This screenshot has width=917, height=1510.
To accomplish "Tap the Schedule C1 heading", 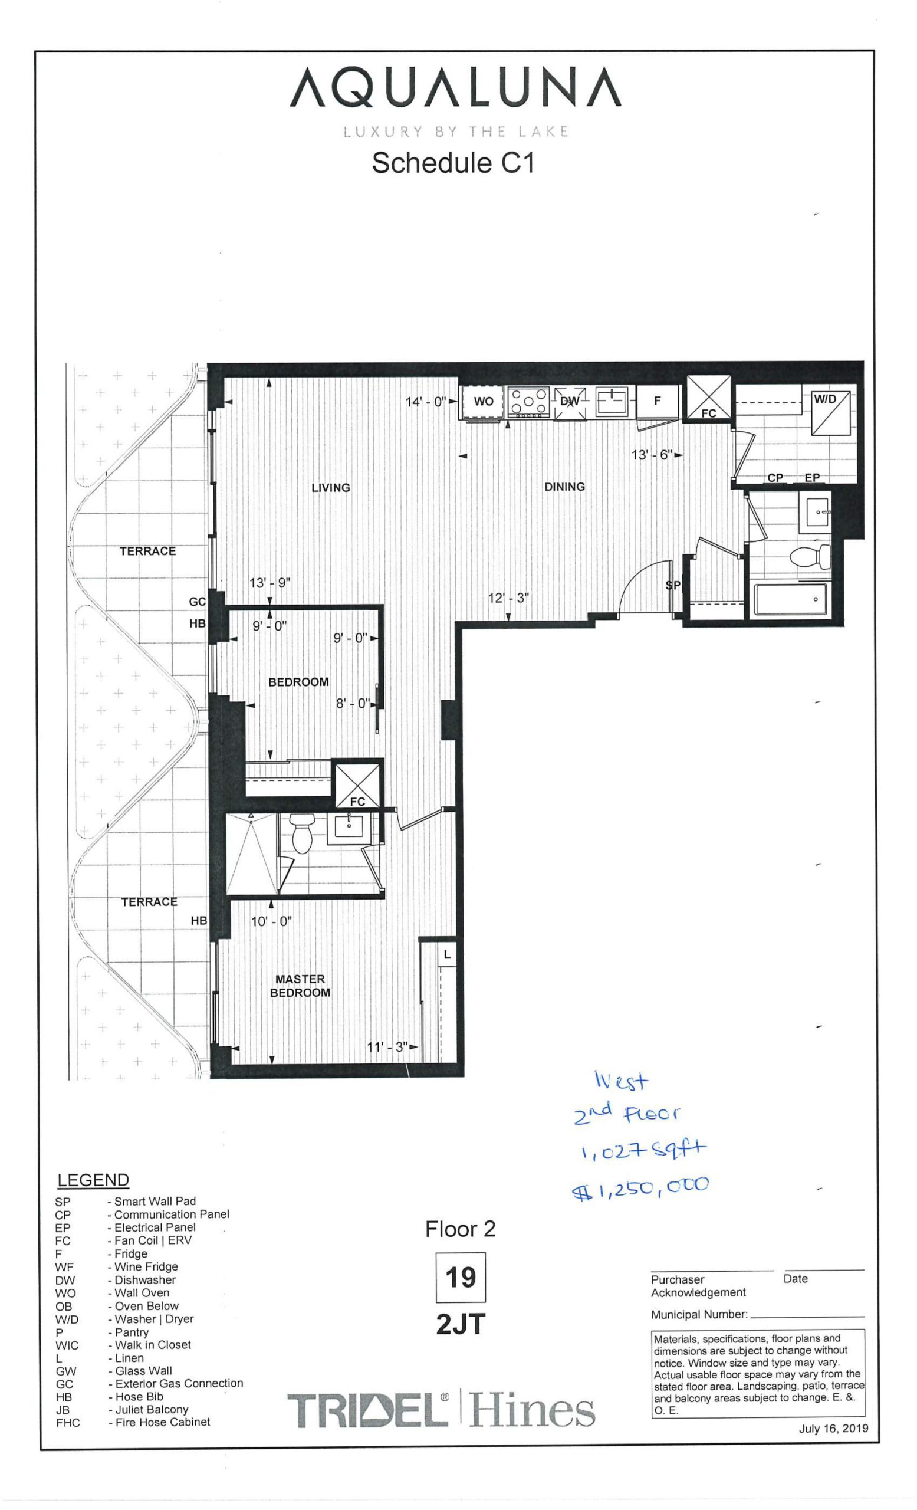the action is tap(453, 163).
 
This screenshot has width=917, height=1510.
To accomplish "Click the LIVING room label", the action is tap(331, 488).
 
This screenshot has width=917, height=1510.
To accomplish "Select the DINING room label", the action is tap(564, 487).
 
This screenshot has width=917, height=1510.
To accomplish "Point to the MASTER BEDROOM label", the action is tap(300, 986).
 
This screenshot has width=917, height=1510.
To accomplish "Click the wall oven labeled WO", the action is tap(483, 402).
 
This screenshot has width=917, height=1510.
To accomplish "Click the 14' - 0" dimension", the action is tap(426, 402).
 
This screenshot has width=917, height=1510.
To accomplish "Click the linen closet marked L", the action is tap(447, 955).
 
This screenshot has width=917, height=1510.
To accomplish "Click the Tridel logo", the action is tap(368, 1410).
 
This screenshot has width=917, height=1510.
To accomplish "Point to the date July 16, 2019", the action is tap(833, 1429).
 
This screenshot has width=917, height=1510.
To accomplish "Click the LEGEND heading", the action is tap(93, 1180).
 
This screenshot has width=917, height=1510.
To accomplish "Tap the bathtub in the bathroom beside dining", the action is tap(790, 599).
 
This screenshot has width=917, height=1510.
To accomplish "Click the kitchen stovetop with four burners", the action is tap(527, 403).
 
